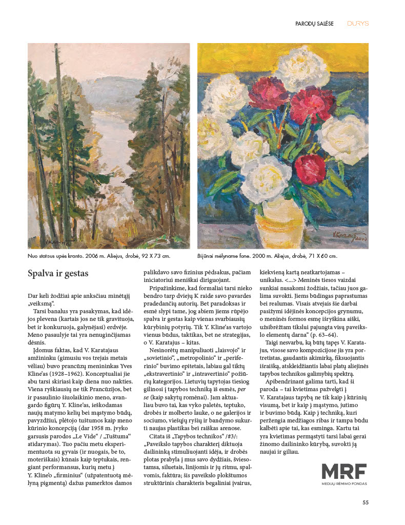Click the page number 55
coord(366,502)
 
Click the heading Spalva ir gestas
coord(58,274)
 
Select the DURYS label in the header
coord(358,24)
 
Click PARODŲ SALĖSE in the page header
coord(315,24)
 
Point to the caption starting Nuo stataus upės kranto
coord(99,255)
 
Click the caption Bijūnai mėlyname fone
coord(267,255)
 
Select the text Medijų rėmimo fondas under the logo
coord(344,483)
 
